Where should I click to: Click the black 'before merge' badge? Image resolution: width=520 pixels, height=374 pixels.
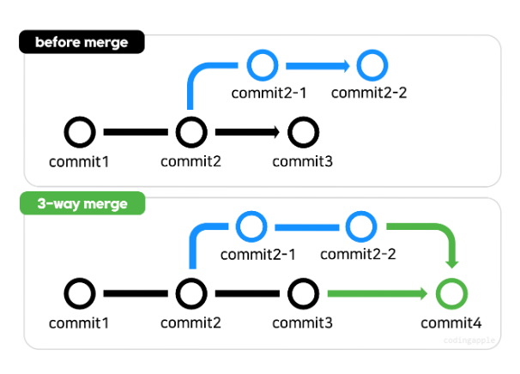click(x=82, y=42)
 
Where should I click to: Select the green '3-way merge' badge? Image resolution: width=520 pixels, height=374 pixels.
click(x=82, y=204)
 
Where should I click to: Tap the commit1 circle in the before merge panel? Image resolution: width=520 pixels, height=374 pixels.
click(x=80, y=132)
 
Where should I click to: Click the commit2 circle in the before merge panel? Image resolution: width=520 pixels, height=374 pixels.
click(x=190, y=132)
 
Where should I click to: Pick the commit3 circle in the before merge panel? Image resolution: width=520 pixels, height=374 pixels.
click(x=302, y=132)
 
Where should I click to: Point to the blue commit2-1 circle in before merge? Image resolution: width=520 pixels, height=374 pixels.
click(x=262, y=63)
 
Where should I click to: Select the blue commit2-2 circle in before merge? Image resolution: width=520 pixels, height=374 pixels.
click(x=372, y=63)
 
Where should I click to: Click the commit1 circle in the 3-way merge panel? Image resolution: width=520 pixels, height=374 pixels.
click(x=80, y=294)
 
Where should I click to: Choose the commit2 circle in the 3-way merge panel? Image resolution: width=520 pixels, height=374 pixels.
click(x=190, y=294)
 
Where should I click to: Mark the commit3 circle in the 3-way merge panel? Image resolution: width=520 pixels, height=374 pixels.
click(x=302, y=294)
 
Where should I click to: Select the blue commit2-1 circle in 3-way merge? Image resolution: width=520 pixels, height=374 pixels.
click(x=251, y=226)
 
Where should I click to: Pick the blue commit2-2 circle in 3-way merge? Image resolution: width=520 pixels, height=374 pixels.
click(x=361, y=226)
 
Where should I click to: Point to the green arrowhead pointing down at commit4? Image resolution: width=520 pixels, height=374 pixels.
click(x=451, y=262)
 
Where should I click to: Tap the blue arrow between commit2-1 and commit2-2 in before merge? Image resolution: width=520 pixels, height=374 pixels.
click(x=315, y=63)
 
